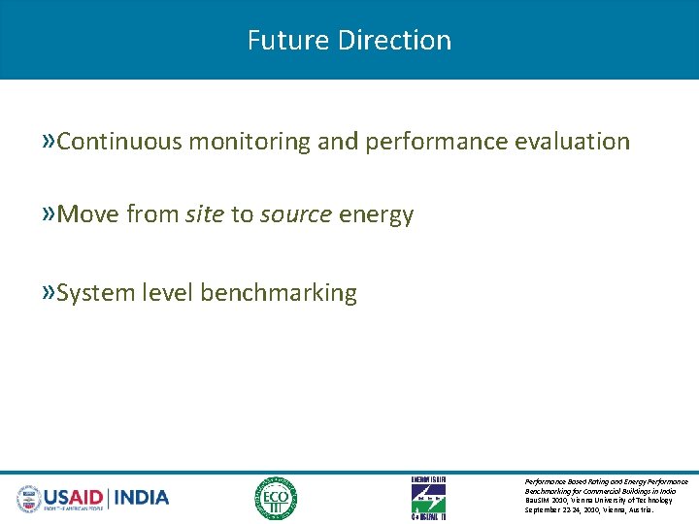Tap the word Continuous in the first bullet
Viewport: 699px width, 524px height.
point(119,142)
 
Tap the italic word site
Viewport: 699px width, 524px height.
point(204,214)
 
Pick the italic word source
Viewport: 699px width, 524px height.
point(295,214)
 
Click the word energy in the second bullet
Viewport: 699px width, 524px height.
point(376,214)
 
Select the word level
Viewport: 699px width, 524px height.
point(167,293)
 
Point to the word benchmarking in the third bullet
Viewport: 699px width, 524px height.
point(279,293)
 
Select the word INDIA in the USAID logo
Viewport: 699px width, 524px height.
point(142,498)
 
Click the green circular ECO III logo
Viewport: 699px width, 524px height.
point(276,499)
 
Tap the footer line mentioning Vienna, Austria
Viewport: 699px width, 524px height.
point(589,509)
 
